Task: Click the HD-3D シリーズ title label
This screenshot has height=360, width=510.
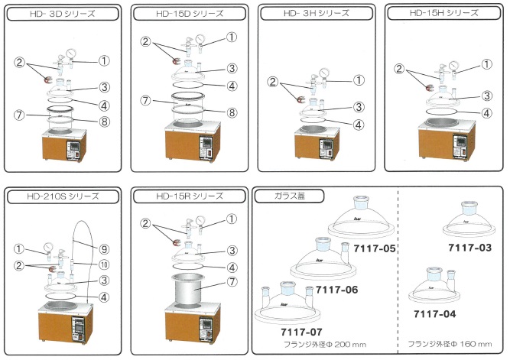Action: click(61, 13)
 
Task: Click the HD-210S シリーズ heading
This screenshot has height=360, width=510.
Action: click(61, 196)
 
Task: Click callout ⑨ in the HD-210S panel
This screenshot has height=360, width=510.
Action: click(105, 248)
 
